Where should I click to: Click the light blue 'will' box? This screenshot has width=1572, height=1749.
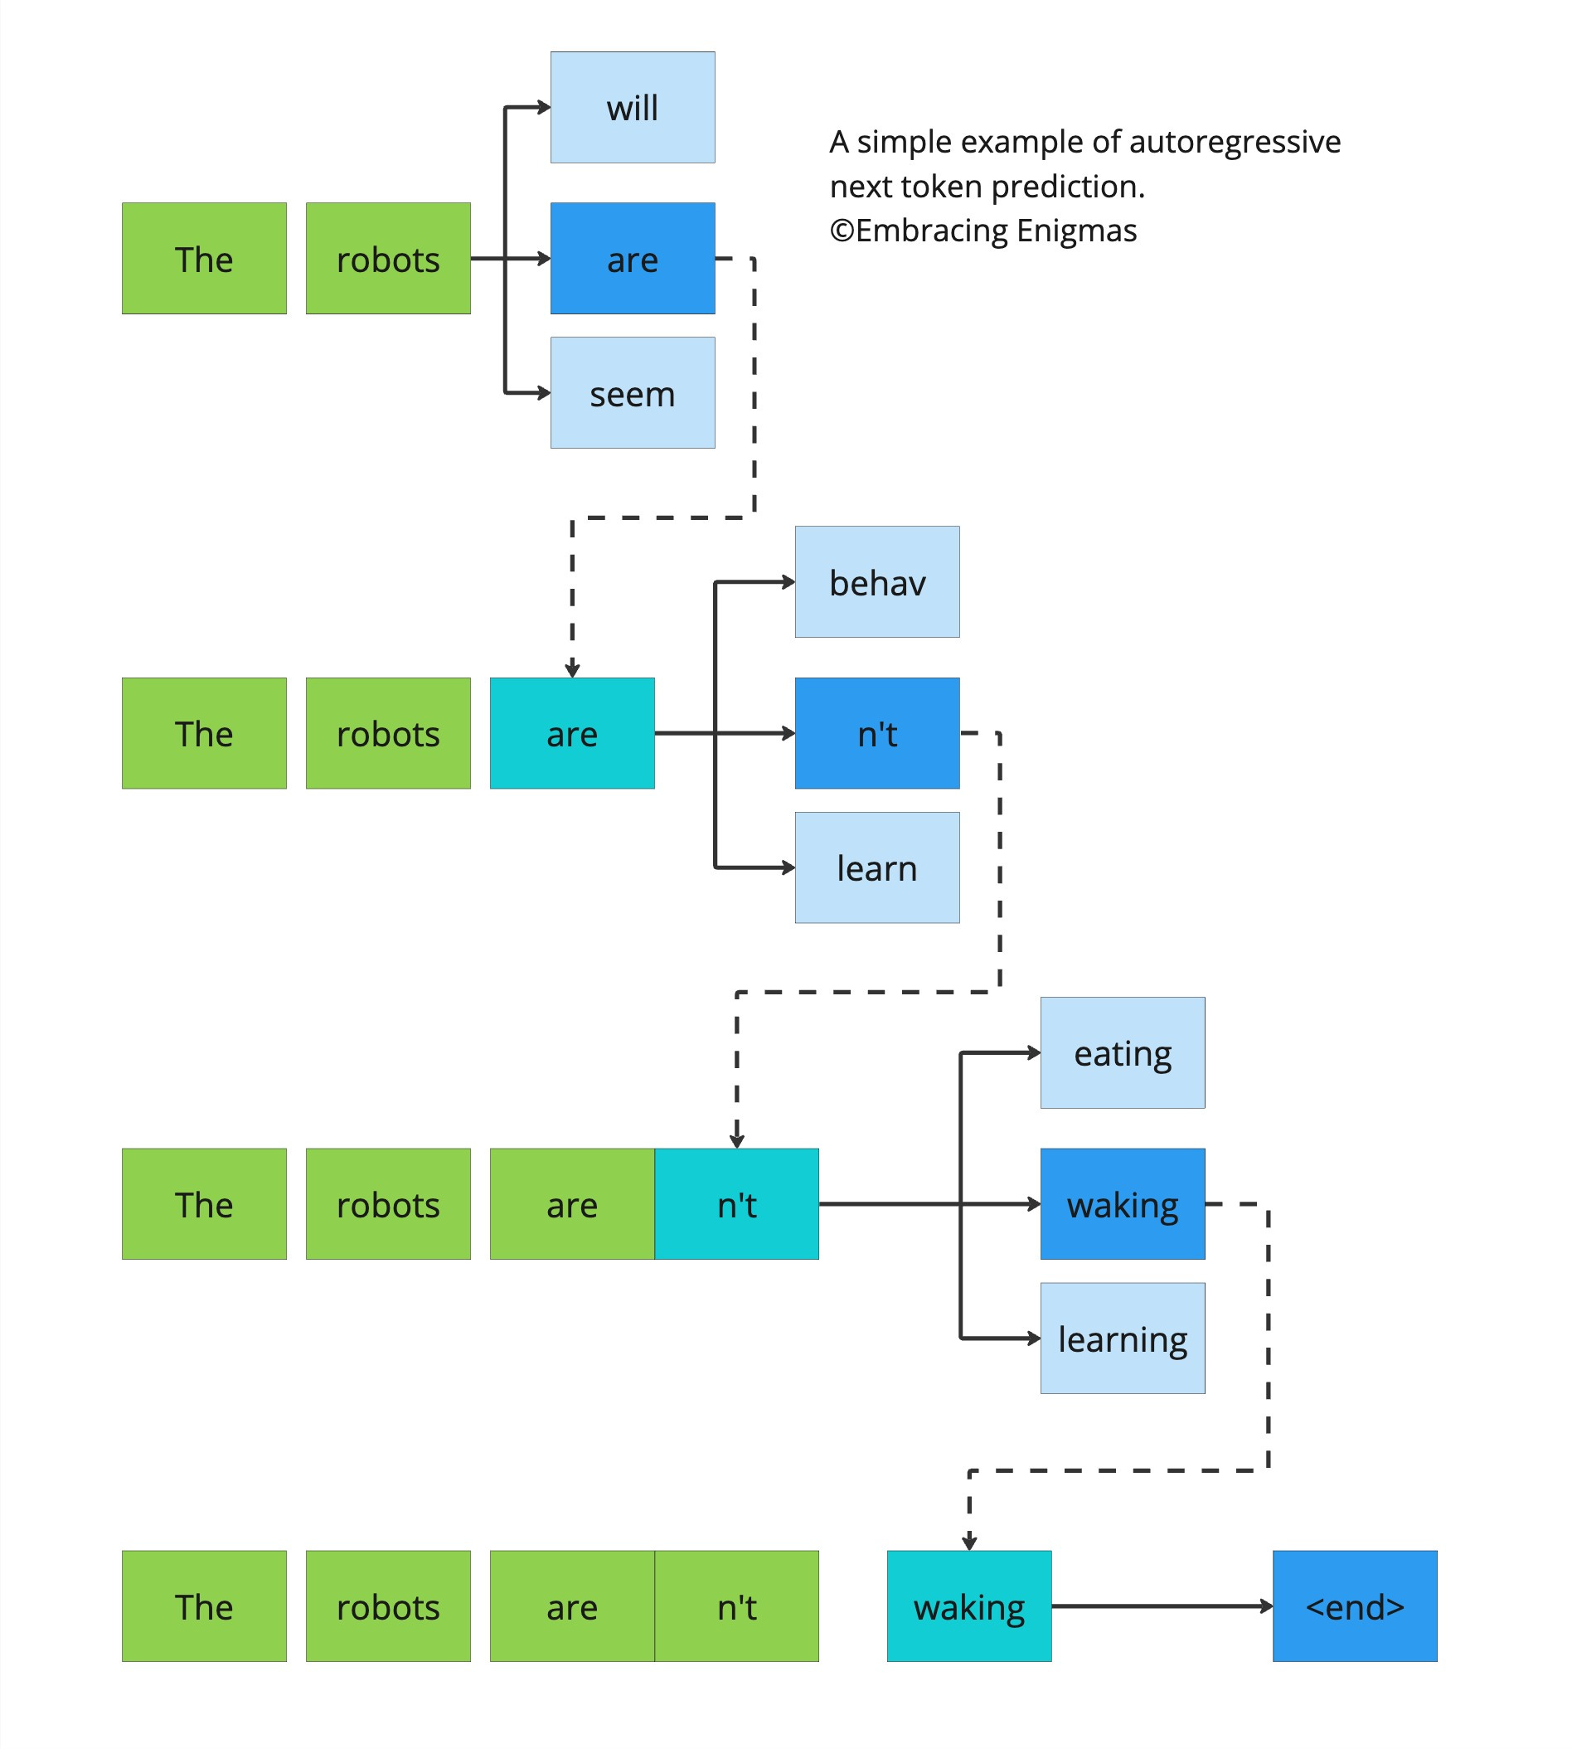tap(633, 107)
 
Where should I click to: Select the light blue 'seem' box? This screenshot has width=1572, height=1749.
tap(633, 392)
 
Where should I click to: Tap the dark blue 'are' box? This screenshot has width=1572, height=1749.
tap(633, 258)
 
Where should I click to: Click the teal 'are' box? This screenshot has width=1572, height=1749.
tap(572, 732)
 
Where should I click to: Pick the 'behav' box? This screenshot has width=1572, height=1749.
tap(876, 581)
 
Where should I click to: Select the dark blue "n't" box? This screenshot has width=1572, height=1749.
tap(876, 732)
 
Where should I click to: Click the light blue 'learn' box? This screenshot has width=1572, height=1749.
tap(876, 867)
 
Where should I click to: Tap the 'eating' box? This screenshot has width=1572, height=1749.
tap(1122, 1052)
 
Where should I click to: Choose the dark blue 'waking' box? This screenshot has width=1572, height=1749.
tap(1122, 1203)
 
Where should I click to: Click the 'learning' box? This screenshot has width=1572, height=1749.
tap(1122, 1338)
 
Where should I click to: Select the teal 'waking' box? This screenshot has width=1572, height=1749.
tap(969, 1606)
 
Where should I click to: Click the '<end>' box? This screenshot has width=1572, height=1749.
tap(1354, 1606)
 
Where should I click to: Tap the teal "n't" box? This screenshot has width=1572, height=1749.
tap(736, 1203)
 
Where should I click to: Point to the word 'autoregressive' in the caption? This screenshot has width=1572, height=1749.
tap(1235, 142)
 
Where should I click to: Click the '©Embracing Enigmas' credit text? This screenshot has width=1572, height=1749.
tap(983, 231)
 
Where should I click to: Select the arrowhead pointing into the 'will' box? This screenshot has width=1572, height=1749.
tap(543, 107)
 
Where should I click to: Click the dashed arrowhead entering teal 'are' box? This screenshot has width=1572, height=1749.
tap(572, 669)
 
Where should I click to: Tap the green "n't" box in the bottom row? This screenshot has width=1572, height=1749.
tap(736, 1606)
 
